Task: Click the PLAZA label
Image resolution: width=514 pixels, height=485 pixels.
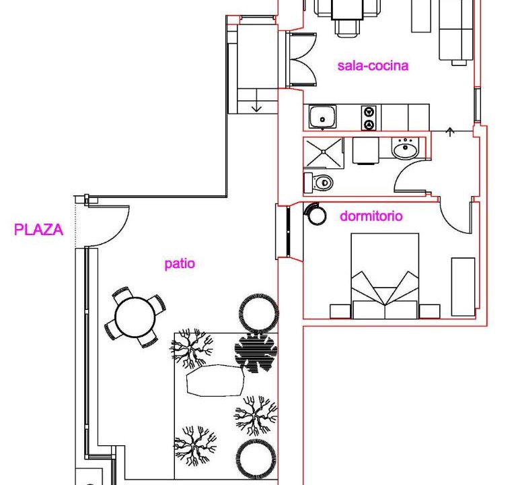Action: [x=38, y=230]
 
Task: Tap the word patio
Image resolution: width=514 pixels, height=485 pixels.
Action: [x=180, y=264]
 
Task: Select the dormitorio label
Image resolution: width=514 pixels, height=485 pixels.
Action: [x=371, y=216]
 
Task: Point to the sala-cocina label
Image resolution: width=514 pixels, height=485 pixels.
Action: [x=373, y=65]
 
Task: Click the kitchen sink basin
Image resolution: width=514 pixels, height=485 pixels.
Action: [x=322, y=117]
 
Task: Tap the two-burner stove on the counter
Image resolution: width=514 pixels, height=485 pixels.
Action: [x=369, y=118]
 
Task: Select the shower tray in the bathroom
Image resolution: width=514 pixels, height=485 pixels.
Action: [x=324, y=153]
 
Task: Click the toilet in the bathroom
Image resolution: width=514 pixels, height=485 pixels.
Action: [x=318, y=183]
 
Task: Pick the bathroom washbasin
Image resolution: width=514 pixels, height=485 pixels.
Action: [x=405, y=149]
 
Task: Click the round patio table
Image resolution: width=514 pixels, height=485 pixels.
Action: [x=135, y=317]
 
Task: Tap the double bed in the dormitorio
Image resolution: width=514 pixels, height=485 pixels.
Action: [x=385, y=276]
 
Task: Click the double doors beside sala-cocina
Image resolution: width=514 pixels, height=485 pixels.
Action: [x=302, y=60]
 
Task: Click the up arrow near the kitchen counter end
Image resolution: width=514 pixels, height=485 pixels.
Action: [x=450, y=132]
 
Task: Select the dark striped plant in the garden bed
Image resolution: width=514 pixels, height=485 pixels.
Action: [x=256, y=354]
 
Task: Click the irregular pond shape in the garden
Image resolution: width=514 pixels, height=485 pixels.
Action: [x=215, y=381]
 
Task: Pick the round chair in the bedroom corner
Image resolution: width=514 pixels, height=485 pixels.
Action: [x=316, y=214]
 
